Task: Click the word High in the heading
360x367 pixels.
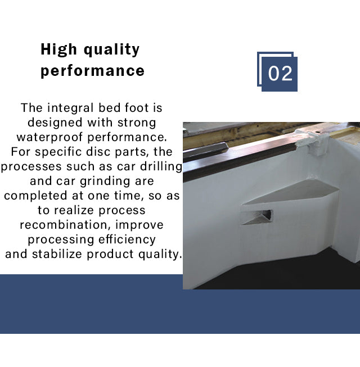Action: pyautogui.click(x=59, y=49)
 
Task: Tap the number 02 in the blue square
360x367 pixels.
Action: pyautogui.click(x=280, y=74)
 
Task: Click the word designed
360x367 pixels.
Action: pyautogui.click(x=55, y=123)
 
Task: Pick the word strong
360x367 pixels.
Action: pyautogui.click(x=137, y=123)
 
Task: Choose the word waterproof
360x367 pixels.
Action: pyautogui.click(x=49, y=137)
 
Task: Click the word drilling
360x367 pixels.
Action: pyautogui.click(x=161, y=167)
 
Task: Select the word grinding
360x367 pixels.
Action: pyautogui.click(x=105, y=182)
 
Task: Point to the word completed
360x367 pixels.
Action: pyautogui.click(x=35, y=196)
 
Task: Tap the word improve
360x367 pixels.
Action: pyautogui.click(x=139, y=225)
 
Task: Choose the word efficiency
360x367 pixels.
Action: pyautogui.click(x=127, y=239)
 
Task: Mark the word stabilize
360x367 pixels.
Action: pyautogui.click(x=57, y=254)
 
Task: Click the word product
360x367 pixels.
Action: pyautogui.click(x=110, y=255)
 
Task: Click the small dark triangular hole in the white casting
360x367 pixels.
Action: pyautogui.click(x=267, y=214)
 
